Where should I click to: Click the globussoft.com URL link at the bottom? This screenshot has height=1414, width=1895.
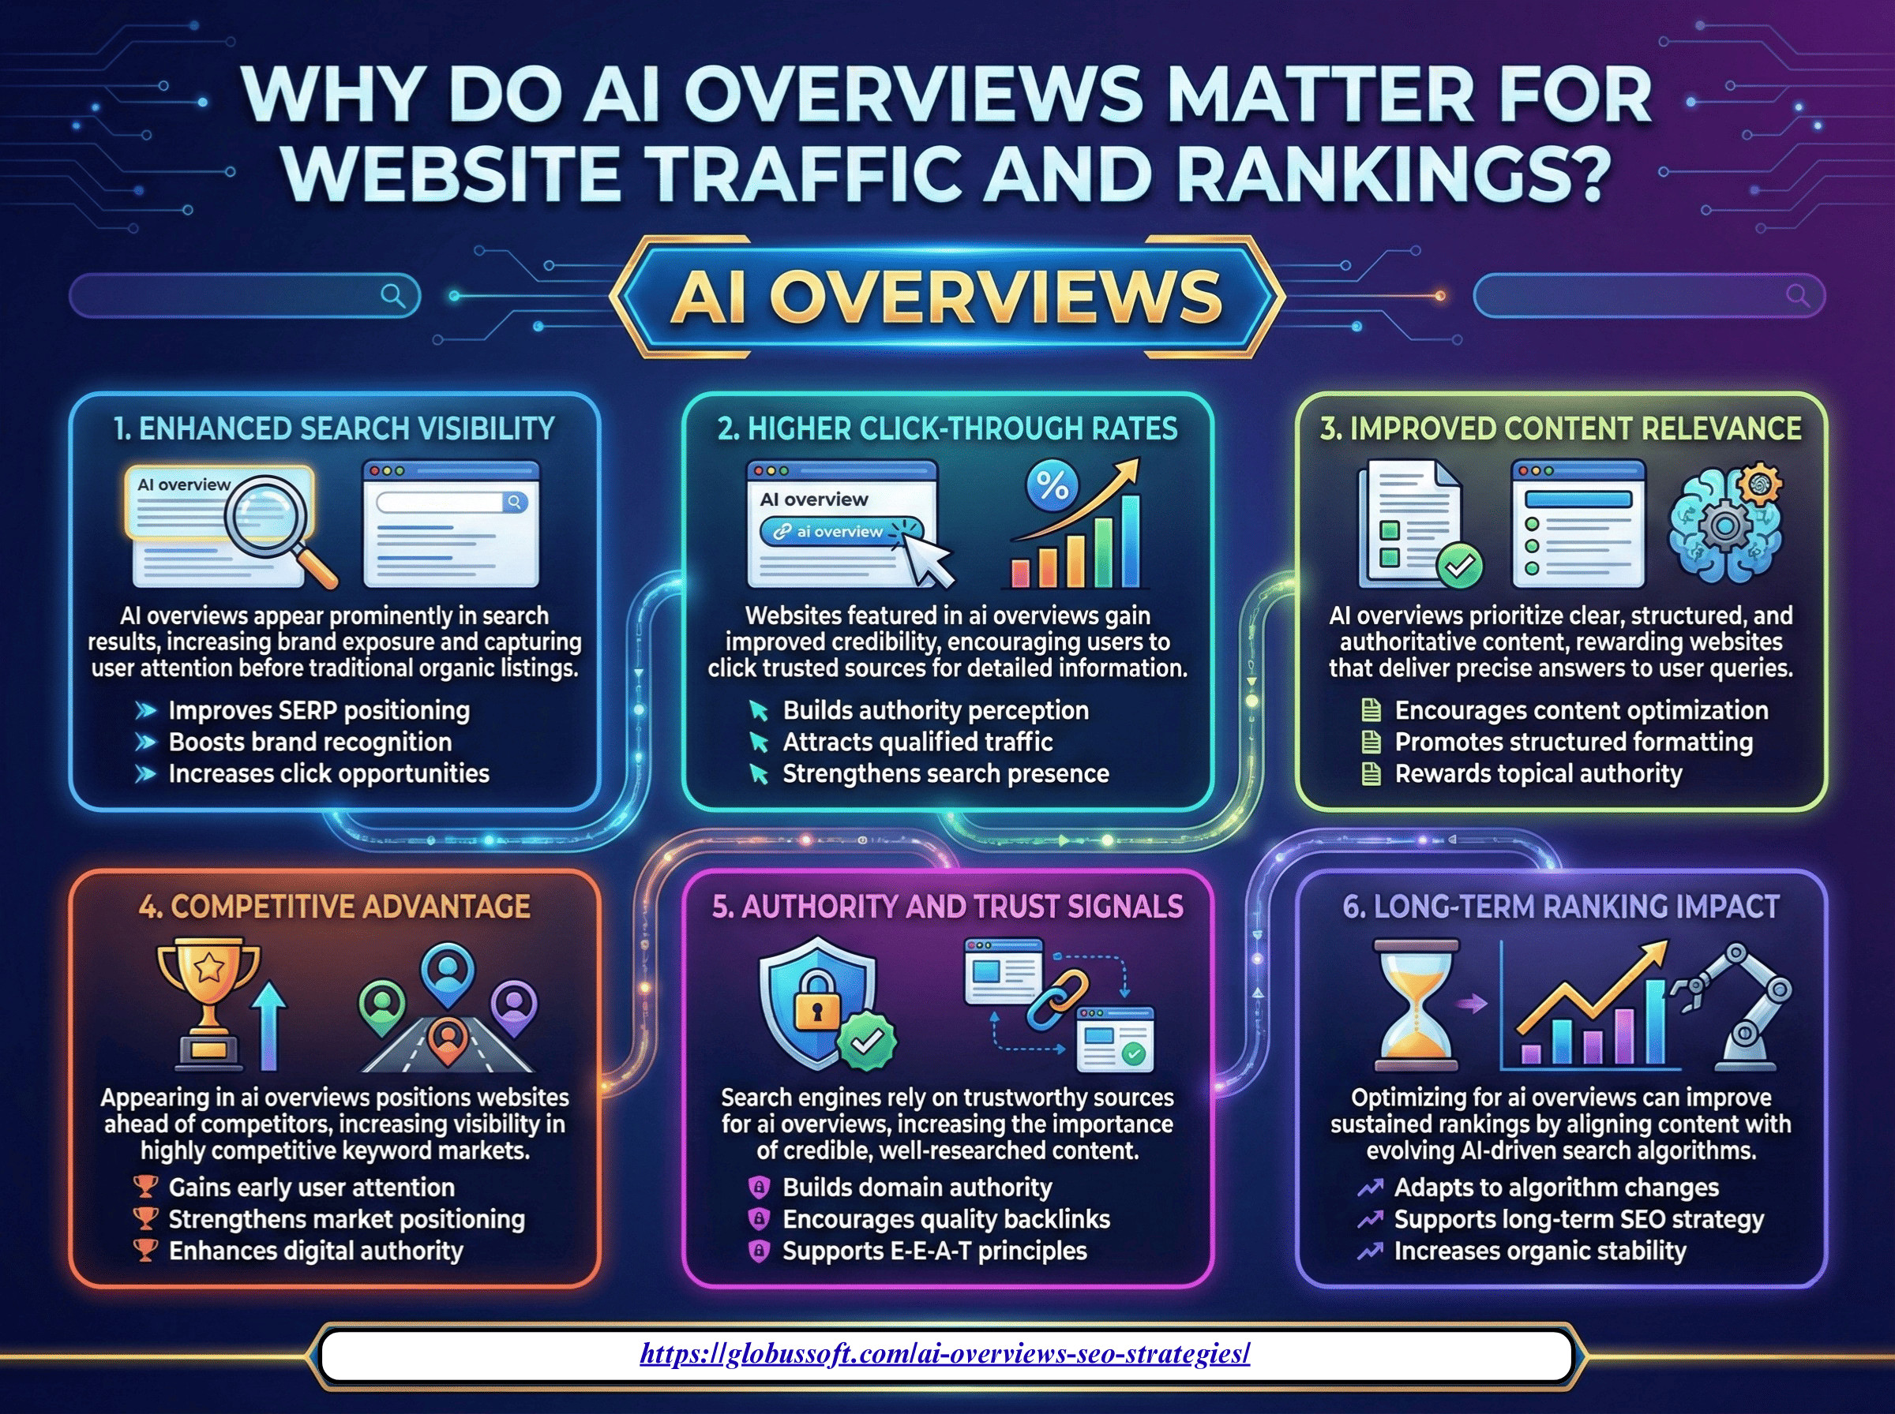[x=945, y=1354]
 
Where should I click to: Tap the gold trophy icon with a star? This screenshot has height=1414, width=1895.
[x=208, y=1006]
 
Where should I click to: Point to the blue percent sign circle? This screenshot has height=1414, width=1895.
[x=1052, y=486]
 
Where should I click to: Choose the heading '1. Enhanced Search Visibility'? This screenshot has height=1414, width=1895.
[x=334, y=428]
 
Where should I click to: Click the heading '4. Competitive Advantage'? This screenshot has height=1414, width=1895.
[x=334, y=907]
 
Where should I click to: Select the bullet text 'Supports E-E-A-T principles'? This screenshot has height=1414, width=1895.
[x=934, y=1251]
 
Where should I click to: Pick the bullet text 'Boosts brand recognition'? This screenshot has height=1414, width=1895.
[x=310, y=742]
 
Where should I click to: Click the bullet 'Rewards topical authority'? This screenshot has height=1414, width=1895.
[x=1538, y=774]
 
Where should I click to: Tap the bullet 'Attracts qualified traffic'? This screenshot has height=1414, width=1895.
[x=917, y=742]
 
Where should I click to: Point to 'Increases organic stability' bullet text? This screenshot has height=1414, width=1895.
[x=1540, y=1251]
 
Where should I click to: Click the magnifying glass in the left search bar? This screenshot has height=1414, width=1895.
[x=393, y=296]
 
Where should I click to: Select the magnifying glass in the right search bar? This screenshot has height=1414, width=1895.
[x=1797, y=296]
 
